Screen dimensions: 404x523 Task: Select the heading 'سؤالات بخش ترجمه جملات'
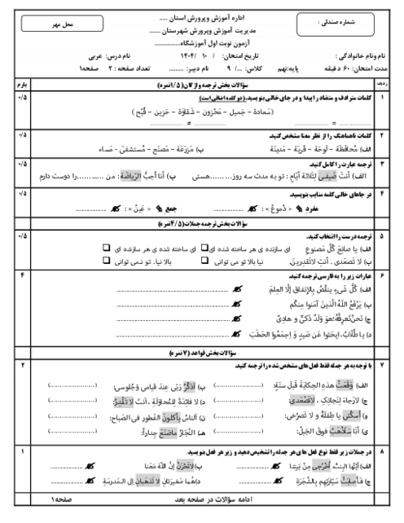(x=204, y=222)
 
